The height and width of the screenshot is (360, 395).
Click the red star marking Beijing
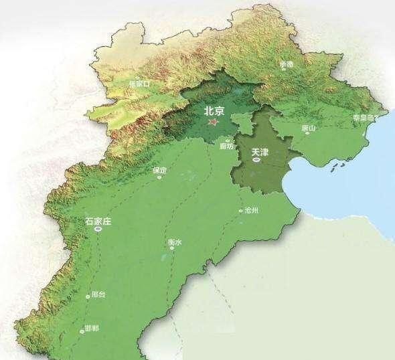[213, 122]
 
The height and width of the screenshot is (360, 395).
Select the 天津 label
[259, 153]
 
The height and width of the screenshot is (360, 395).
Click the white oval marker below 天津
[256, 161]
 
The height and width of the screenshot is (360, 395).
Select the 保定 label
[159, 170]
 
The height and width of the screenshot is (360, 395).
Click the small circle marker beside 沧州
[241, 211]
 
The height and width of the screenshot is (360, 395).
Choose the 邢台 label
[98, 294]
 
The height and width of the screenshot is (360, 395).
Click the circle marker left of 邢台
[88, 295]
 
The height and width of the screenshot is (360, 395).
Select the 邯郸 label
[92, 329]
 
